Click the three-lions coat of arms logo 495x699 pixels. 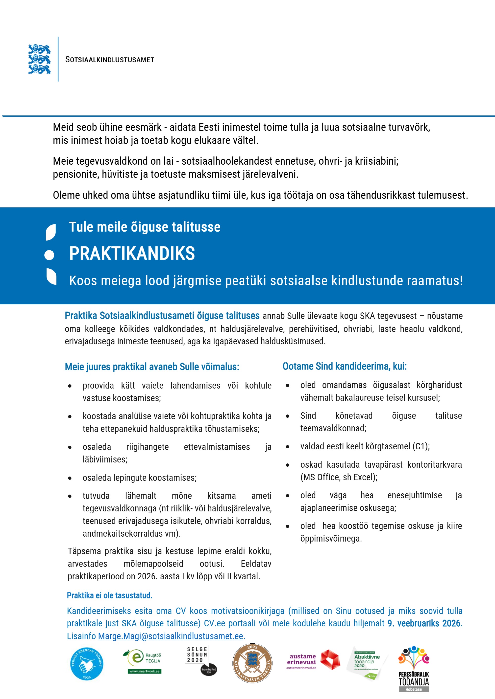pos(39,59)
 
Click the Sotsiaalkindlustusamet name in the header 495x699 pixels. pos(110,60)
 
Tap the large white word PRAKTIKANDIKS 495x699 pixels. pos(132,253)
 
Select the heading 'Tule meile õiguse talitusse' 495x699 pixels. pos(145,227)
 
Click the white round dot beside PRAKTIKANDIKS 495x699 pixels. pos(49,255)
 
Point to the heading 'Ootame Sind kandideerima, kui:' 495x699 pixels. pos(345,366)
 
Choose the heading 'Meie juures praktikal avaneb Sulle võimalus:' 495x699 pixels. pos(152,367)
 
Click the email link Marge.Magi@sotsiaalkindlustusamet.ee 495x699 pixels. pos(170,636)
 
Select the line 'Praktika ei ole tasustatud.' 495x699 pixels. pos(109,595)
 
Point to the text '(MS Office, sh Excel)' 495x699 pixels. pos(338,477)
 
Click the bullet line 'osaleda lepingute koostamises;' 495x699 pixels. pos(140,478)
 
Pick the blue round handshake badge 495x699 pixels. pos(87,664)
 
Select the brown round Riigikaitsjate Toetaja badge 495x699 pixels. pos(252,663)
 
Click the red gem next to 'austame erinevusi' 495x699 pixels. pos(330,660)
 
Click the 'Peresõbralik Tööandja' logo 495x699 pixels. pos(414,669)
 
